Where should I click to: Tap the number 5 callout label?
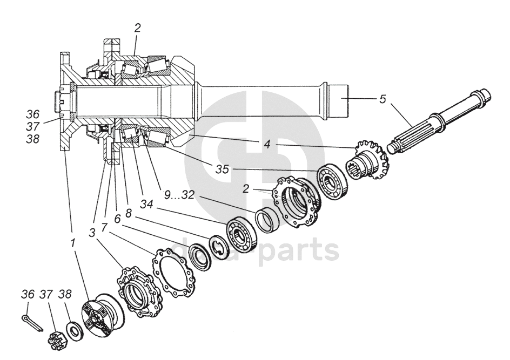pos(382,99)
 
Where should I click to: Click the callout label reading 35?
pos(222,169)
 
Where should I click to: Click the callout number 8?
pos(129,213)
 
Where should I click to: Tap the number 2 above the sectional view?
pos(137,29)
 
